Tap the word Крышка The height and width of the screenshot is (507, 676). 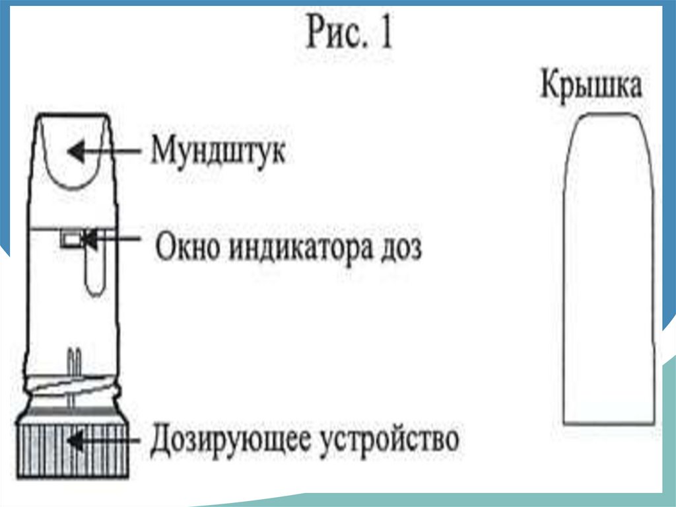tap(591, 87)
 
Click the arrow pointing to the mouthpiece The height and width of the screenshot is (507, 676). tap(106, 152)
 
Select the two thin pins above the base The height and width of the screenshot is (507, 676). tap(74, 360)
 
